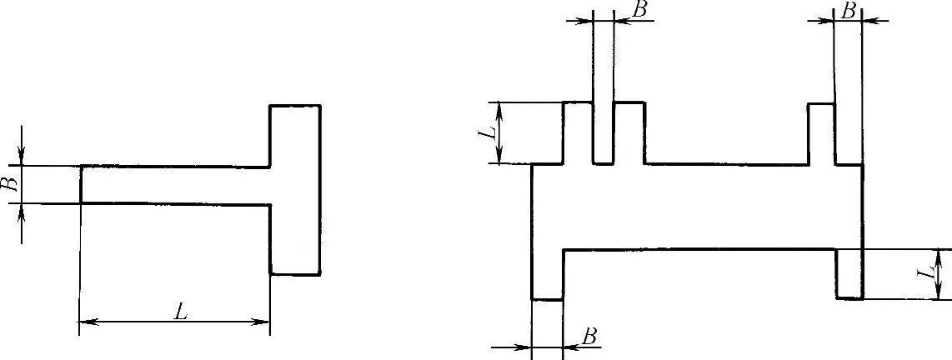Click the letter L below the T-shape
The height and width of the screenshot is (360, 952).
point(179,312)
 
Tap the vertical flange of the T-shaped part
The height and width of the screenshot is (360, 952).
point(295,189)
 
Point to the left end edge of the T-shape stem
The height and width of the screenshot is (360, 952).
point(81,184)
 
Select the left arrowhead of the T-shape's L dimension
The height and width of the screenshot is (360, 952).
point(86,321)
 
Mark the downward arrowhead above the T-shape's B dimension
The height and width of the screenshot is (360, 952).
point(22,158)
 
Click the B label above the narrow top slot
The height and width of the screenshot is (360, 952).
point(640,10)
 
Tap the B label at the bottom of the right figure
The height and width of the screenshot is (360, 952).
point(589,336)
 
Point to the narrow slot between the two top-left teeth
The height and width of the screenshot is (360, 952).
point(603,133)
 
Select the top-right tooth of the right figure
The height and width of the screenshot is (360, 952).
point(822,133)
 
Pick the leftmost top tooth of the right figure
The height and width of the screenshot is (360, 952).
point(579,133)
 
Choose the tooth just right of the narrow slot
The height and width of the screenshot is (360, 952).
point(629,133)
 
